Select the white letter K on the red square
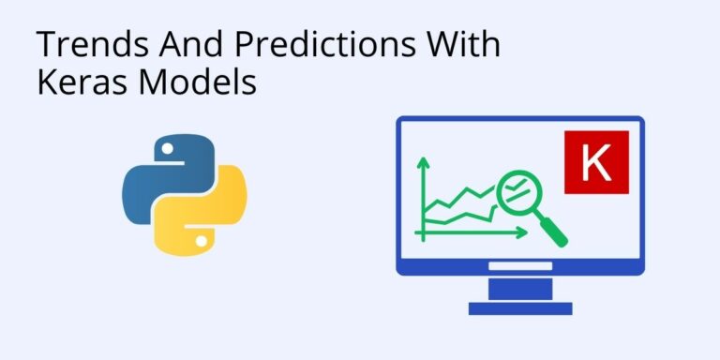[x=595, y=163]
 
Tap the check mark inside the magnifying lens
[x=515, y=192]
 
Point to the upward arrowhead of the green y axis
[x=423, y=162]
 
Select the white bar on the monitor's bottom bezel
[x=519, y=266]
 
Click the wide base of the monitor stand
[x=519, y=307]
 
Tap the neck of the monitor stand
[x=519, y=287]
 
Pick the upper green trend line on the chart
[x=459, y=196]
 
